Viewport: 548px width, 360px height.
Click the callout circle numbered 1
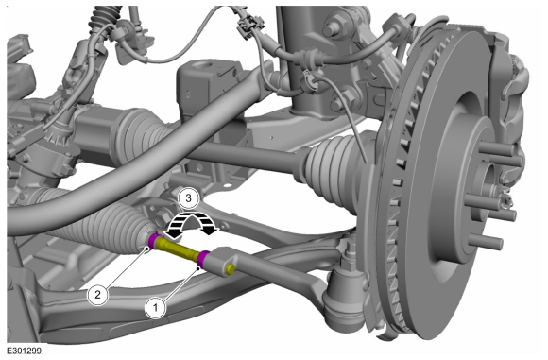[x=156, y=308]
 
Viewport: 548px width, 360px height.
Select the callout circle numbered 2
[x=98, y=294]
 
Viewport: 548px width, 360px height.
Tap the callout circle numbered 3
[x=188, y=198]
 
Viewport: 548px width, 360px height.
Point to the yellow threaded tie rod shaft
[x=178, y=248]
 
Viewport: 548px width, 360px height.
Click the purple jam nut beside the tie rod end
[x=203, y=259]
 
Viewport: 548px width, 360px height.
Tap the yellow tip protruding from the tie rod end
[x=230, y=268]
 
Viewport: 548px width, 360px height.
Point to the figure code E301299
[x=25, y=351]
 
